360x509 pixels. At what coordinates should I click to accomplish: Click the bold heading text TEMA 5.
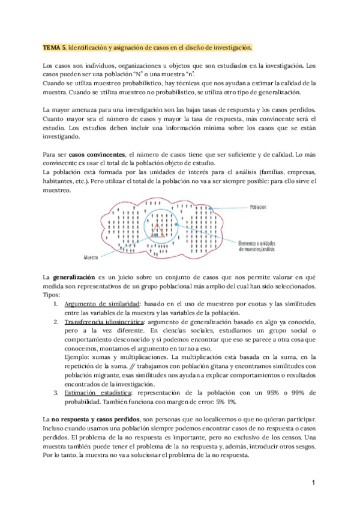(55, 47)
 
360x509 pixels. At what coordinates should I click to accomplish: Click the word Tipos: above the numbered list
(52, 295)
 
